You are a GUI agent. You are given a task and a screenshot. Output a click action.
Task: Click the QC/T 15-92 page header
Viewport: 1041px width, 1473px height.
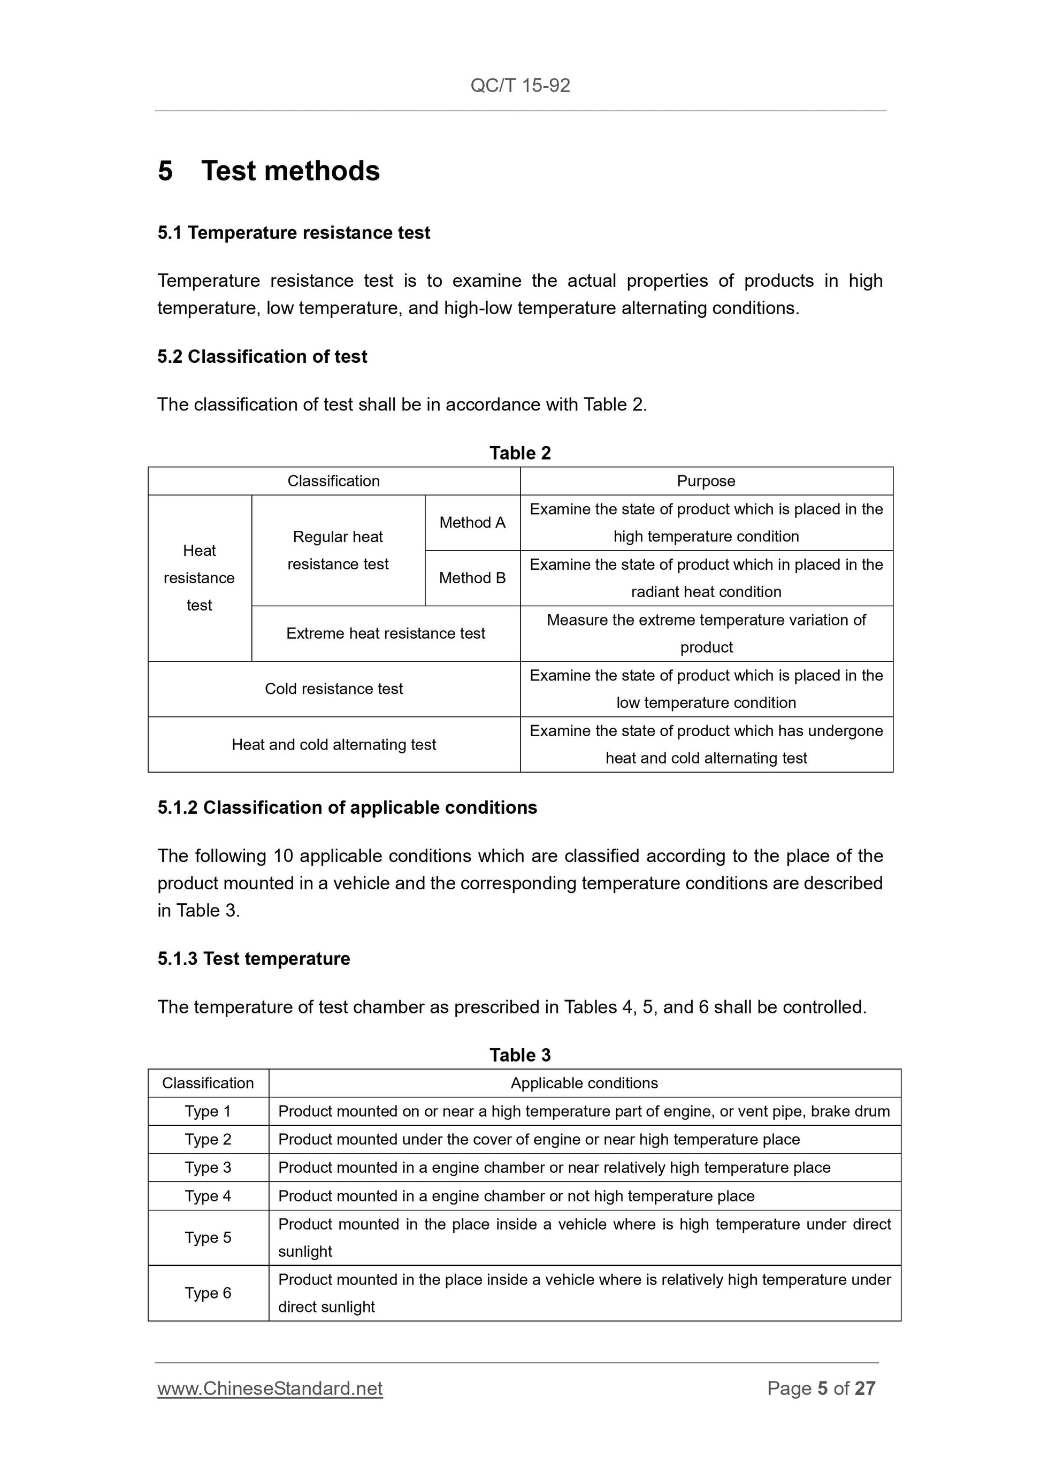pos(520,85)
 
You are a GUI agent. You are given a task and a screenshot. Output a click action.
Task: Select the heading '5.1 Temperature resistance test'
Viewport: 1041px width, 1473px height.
pos(294,233)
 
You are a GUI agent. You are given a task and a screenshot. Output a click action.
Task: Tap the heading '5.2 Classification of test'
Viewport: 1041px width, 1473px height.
pos(262,357)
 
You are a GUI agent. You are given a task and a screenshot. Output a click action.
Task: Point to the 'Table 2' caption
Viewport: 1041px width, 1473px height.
pos(520,453)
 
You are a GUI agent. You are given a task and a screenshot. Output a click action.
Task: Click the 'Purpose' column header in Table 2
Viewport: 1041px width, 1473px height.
pos(706,481)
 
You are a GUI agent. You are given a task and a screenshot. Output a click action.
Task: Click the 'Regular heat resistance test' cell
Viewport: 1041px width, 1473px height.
pos(338,551)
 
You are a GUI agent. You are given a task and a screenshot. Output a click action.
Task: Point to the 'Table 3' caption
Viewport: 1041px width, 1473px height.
pos(520,1055)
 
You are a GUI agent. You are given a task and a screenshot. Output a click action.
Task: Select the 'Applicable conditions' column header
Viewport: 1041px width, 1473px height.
pos(584,1083)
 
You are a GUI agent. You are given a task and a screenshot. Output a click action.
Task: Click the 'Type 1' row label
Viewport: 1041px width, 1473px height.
pos(208,1112)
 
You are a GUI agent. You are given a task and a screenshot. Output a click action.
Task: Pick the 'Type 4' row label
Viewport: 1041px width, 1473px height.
pos(208,1196)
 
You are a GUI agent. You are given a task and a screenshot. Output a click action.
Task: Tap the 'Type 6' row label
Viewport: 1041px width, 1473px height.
pos(208,1293)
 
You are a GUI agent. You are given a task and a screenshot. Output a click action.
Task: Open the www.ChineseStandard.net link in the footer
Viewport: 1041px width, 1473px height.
pos(270,1388)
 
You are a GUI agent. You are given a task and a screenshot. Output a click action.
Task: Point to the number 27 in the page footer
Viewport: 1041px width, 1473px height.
pos(865,1388)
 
